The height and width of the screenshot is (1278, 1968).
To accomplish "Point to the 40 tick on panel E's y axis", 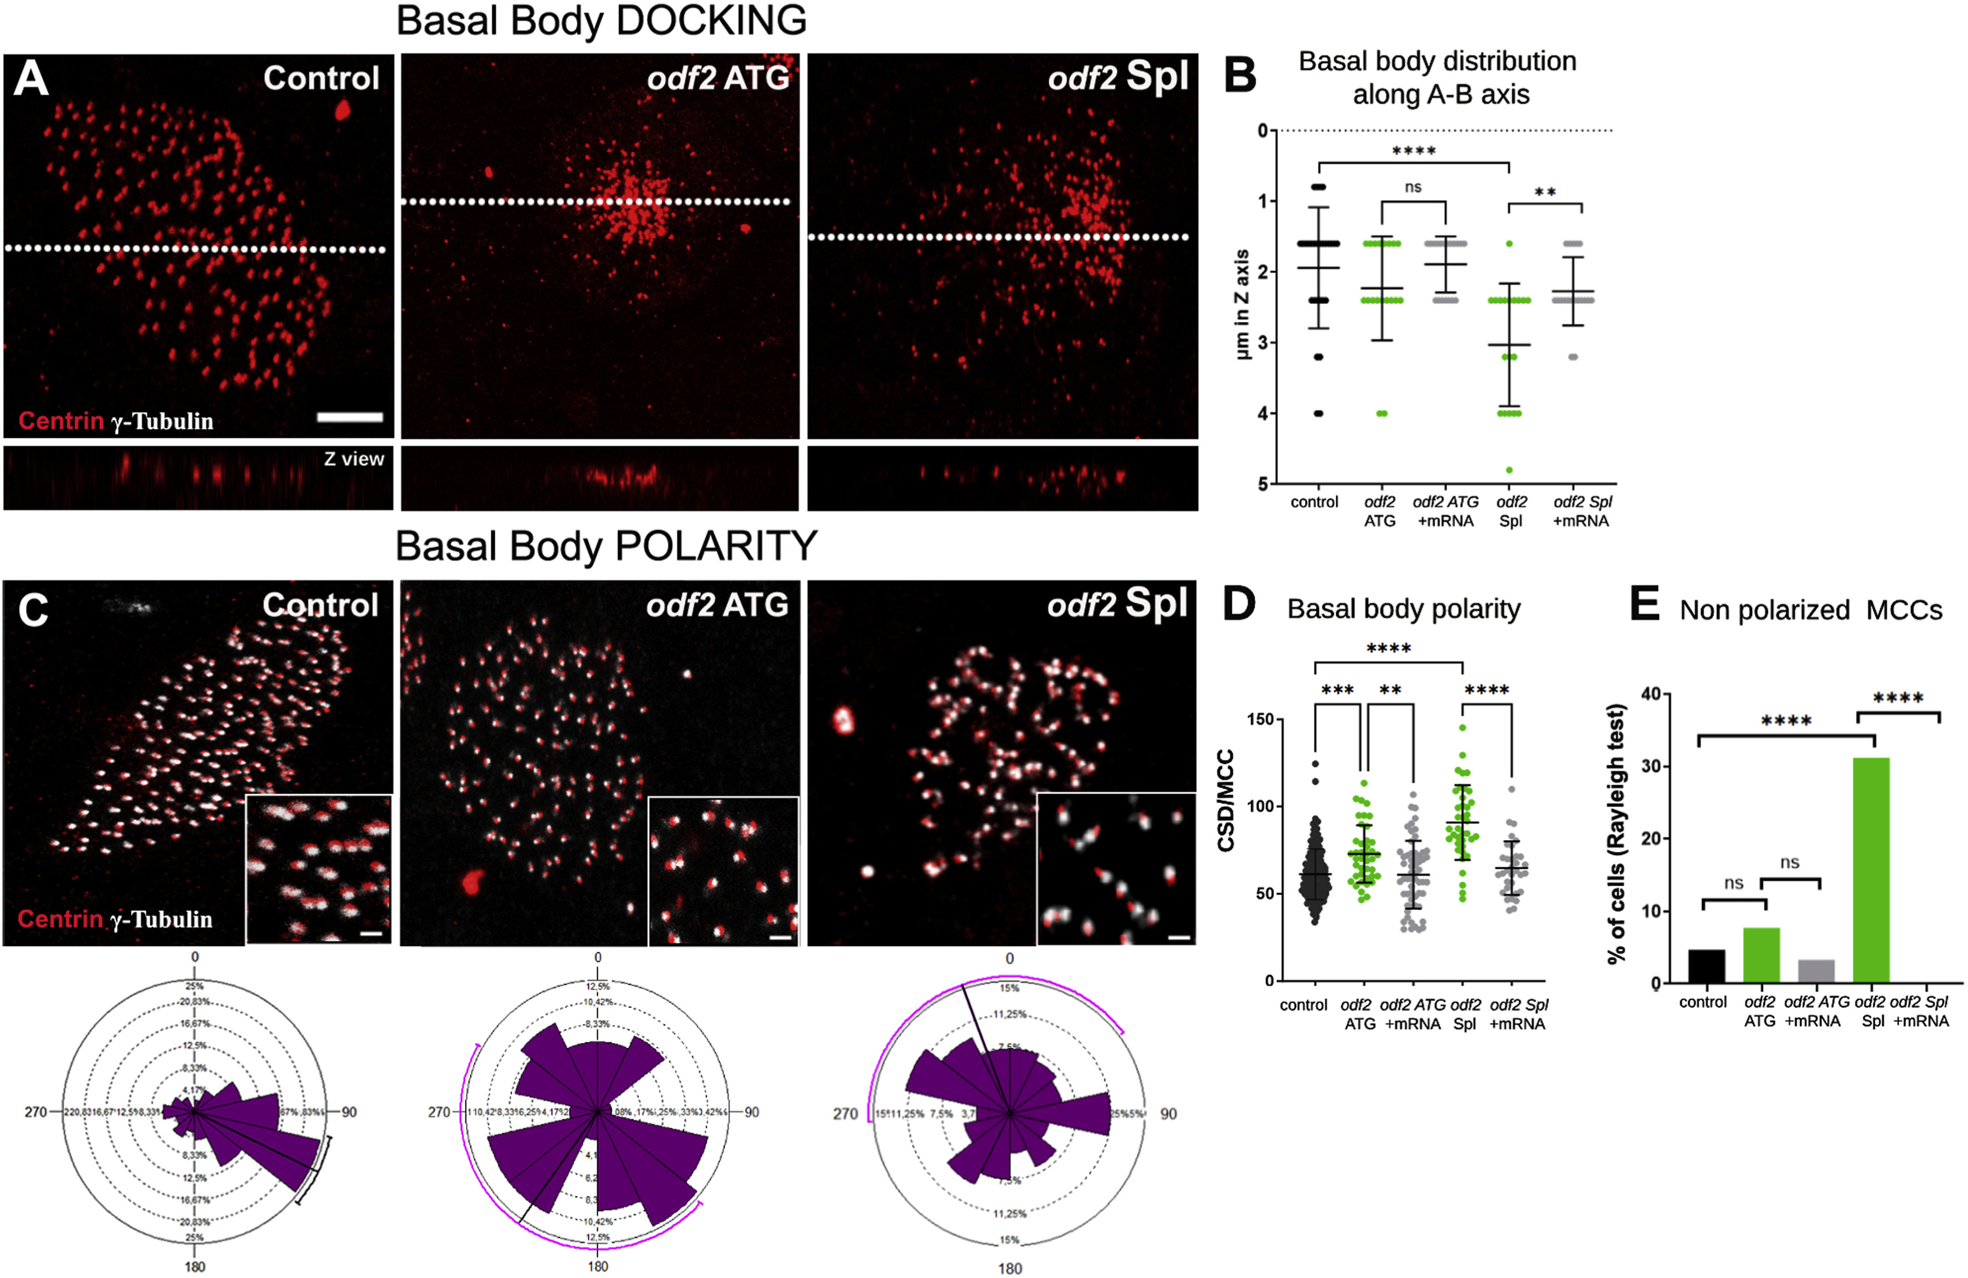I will pos(1649,694).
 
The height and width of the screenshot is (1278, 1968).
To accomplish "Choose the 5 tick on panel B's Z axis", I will pos(1263,483).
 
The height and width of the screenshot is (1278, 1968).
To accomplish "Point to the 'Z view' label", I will pos(354,459).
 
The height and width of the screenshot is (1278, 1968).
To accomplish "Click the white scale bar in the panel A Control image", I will pos(350,418).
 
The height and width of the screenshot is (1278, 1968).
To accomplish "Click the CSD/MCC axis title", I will pos(1226,800).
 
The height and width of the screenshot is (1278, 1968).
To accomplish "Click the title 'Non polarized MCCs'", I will pos(1811,610).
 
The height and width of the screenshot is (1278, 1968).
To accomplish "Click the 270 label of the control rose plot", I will pos(36,1112).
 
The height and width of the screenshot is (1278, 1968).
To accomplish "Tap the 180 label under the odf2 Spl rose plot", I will pos(1009,1268).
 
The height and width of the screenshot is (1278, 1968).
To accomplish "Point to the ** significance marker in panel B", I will pos(1545,192).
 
